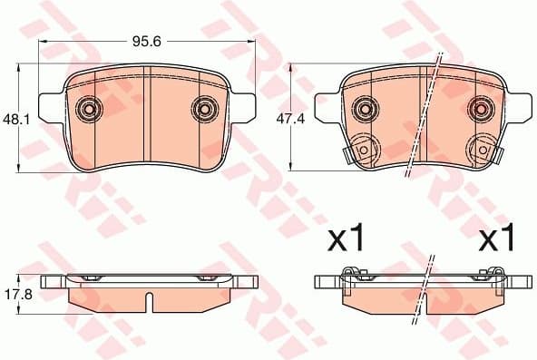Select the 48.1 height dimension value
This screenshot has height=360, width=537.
pos(12,118)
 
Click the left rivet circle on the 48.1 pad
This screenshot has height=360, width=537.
pos(89,109)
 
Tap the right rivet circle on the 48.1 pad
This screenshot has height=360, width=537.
pos(204,109)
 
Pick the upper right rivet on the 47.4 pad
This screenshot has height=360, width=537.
pos(479,109)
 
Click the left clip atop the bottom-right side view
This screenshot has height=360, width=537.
pos(352,273)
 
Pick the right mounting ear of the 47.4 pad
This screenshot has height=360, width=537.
pos(518,99)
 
